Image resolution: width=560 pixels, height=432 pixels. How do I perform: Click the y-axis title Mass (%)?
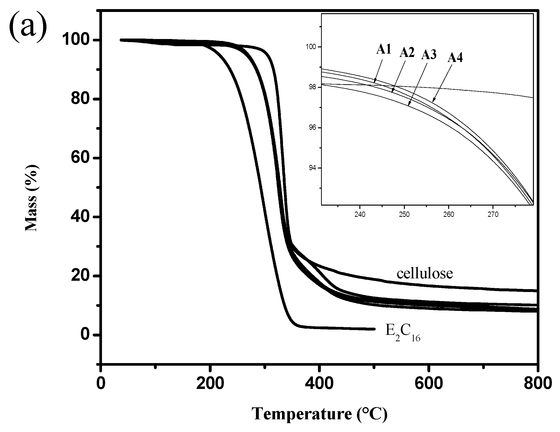[32, 198]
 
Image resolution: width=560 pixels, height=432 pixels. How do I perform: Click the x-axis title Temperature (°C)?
[319, 413]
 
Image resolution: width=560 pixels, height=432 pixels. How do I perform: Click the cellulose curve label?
[425, 274]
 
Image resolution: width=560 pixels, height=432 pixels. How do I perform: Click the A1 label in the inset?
[384, 49]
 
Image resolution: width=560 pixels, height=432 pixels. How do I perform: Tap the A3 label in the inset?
[429, 55]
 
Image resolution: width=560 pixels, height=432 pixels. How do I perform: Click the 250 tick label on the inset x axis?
[404, 215]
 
